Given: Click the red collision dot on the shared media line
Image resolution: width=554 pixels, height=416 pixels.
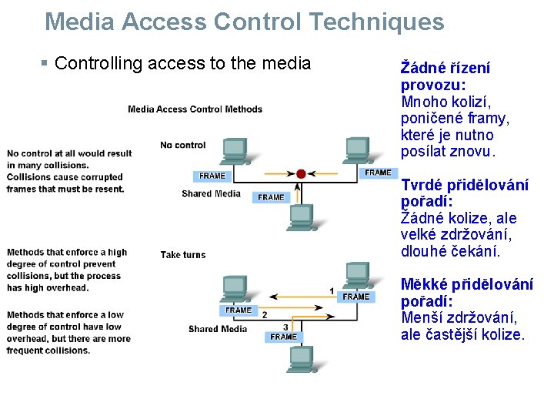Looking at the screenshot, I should pos(301,174).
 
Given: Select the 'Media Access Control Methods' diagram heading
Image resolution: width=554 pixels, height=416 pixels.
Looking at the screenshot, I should pos(195,109).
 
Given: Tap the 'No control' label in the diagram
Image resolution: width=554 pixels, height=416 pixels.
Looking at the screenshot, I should pos(183,145).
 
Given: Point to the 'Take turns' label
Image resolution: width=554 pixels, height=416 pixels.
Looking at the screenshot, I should pos(183,255).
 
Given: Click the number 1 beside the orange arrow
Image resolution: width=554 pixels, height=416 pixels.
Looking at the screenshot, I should pos(332,291).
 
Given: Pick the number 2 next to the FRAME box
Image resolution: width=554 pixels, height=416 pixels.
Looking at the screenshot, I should pos(265,314).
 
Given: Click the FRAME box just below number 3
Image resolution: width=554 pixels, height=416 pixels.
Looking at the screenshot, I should pos(283,337).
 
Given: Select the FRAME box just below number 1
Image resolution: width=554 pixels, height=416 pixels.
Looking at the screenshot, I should pos(356,297).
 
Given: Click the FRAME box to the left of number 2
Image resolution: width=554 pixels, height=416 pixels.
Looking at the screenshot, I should pos(239,310).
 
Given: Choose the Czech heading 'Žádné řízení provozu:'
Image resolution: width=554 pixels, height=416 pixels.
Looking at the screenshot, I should pos(445,76).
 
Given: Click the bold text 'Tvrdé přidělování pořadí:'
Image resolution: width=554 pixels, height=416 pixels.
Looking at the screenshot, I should pos(465,193).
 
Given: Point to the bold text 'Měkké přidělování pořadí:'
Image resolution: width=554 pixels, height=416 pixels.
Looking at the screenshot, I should pos(466,293).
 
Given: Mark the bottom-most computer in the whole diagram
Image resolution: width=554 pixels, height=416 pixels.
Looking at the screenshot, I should pos(300,359).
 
